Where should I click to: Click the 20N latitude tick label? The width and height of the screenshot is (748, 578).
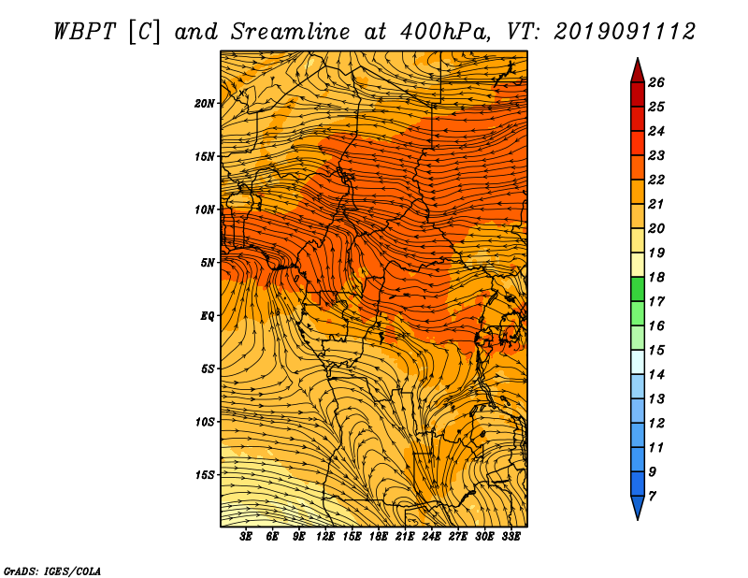[x=205, y=103]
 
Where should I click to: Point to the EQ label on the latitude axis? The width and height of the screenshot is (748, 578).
[x=208, y=315]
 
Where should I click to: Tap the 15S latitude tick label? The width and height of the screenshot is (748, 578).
[x=205, y=475]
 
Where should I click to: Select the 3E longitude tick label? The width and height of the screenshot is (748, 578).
[x=246, y=536]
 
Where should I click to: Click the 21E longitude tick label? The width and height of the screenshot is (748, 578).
[x=405, y=536]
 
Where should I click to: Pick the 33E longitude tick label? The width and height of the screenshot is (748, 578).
[x=511, y=536]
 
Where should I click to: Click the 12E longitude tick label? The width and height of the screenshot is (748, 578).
[x=324, y=536]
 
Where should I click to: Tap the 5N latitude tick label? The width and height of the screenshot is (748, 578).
[x=208, y=263]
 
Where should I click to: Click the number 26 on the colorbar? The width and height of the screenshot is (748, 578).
[x=656, y=82]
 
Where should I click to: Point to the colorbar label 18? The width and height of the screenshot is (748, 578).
[x=656, y=277]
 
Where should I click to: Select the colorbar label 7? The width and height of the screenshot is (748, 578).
[x=652, y=497]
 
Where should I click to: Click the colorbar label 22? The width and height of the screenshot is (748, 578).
[x=656, y=180]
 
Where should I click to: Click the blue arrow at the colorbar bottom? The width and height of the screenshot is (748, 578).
[x=638, y=506]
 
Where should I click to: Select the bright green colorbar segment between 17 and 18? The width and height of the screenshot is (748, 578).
[x=638, y=289]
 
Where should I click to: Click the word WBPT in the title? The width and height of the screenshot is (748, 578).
[x=84, y=32]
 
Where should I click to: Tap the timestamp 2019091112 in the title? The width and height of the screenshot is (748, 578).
[x=625, y=32]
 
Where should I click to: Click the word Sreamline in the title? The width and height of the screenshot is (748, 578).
[x=291, y=32]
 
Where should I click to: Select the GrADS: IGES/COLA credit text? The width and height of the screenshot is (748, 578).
[x=52, y=571]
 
